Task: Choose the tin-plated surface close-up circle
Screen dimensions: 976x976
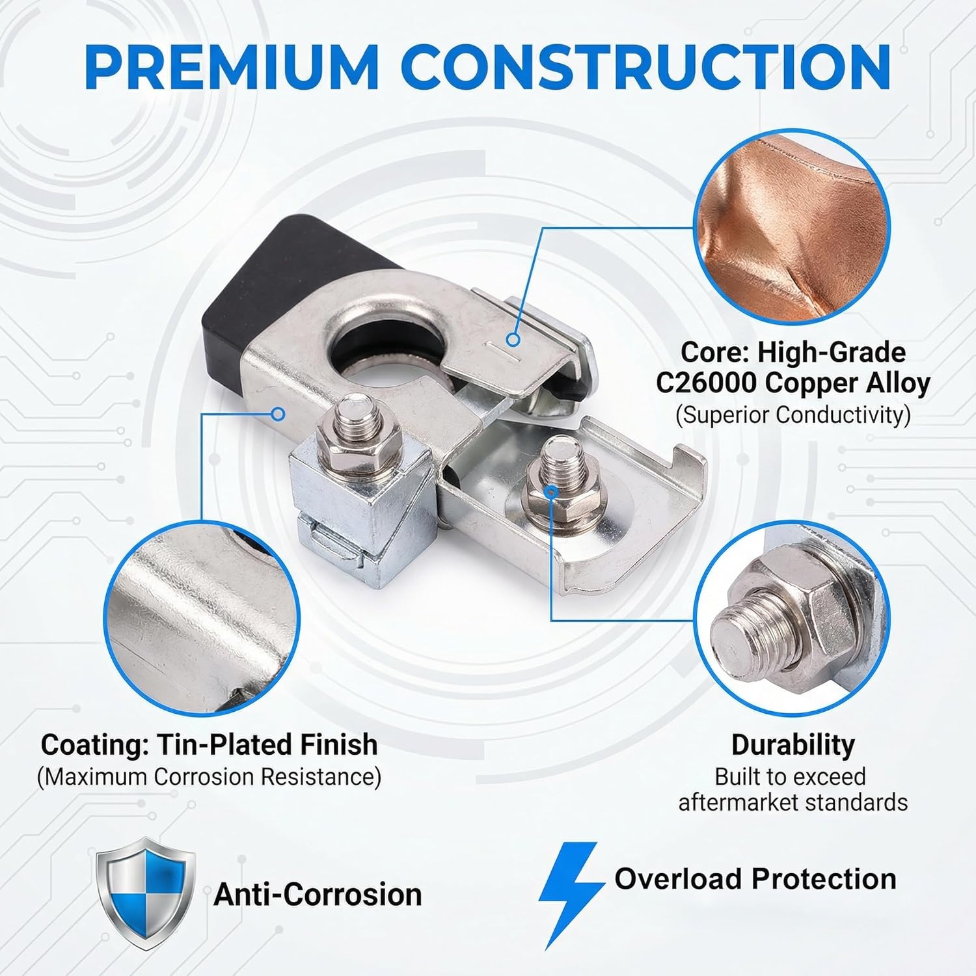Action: [202, 618]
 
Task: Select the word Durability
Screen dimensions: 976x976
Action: [793, 745]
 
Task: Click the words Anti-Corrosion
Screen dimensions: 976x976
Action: [318, 895]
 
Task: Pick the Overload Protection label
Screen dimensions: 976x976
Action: [755, 878]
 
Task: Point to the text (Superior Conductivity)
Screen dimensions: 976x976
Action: [793, 414]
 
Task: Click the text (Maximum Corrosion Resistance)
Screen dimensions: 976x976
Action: [209, 777]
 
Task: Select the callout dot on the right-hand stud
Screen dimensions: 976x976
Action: [552, 492]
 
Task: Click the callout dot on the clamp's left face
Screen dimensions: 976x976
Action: [279, 413]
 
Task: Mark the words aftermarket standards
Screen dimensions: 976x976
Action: [793, 802]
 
